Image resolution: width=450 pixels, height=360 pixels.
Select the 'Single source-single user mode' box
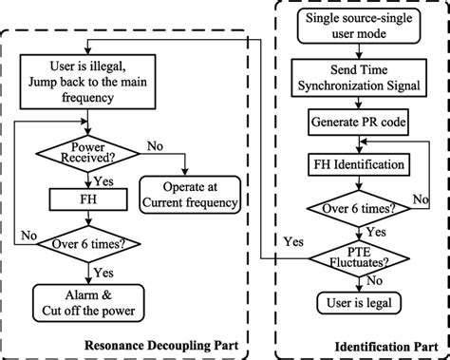point(355,28)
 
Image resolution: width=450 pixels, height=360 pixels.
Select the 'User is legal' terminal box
point(355,301)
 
